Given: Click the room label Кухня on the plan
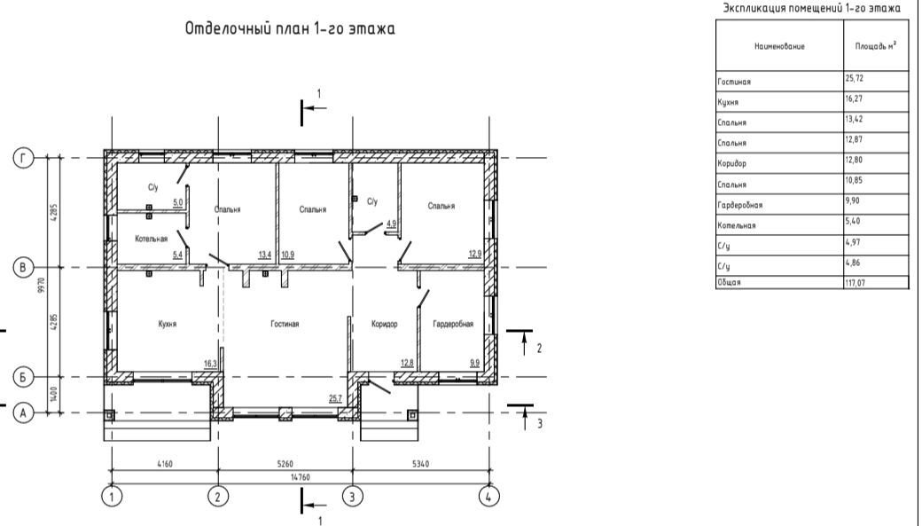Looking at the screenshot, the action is (167, 324).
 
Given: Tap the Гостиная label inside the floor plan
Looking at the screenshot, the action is (285, 324).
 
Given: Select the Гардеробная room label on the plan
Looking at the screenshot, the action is (453, 324).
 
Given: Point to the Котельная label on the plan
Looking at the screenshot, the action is (151, 239).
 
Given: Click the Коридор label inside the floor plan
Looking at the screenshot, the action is (385, 324).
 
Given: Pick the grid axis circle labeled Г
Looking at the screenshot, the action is (24, 158).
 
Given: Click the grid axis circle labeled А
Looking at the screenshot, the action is (24, 413).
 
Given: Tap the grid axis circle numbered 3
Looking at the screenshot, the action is (352, 497).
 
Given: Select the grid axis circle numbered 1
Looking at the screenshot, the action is (112, 497).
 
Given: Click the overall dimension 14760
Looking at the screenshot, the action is (300, 477).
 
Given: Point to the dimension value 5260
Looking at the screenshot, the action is (285, 464).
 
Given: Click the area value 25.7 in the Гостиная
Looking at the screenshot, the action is (335, 398).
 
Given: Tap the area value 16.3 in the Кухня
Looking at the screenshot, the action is (210, 364).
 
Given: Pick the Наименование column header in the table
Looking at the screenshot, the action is (779, 46).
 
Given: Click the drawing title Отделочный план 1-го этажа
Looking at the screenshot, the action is (290, 28).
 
